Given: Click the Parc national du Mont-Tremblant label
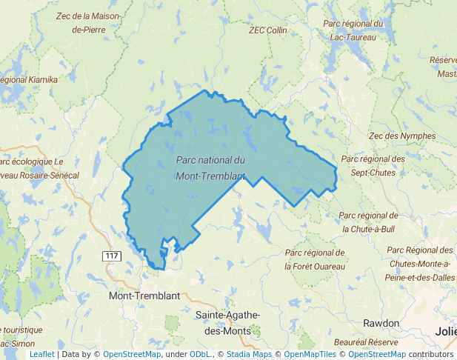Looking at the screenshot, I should click(211, 167).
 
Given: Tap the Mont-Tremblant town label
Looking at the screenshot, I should click(144, 296).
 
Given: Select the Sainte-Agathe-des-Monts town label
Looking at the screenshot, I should click(227, 321).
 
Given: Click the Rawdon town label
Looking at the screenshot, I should click(381, 324).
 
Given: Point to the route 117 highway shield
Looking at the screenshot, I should click(112, 256).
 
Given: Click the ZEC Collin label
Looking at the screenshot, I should click(268, 30).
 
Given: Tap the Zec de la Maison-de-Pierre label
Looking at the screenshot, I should click(87, 23).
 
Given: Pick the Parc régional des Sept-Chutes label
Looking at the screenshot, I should click(373, 165).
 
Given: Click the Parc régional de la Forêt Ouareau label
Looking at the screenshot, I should click(315, 259).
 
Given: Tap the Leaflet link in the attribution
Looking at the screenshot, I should click(41, 354).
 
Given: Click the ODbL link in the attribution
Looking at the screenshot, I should click(199, 354).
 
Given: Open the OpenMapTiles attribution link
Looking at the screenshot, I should click(312, 354).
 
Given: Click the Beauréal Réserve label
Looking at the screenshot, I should click(366, 343).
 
